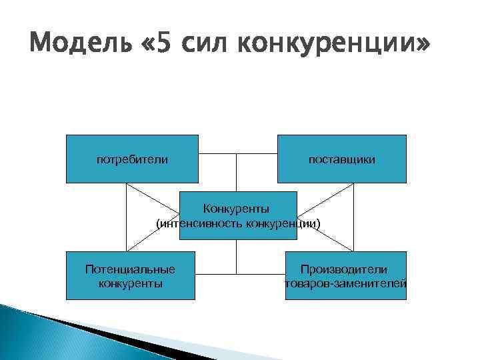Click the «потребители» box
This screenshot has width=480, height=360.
click(x=132, y=159)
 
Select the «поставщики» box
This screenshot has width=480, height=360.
click(x=341, y=159)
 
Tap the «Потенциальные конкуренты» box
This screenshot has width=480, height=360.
click(x=131, y=275)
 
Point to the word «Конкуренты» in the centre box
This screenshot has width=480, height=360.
click(x=237, y=211)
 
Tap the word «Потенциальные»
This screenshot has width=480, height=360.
click(x=131, y=269)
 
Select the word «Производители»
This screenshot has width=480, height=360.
click(x=343, y=269)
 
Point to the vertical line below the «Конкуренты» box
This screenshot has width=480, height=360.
click(x=237, y=257)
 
